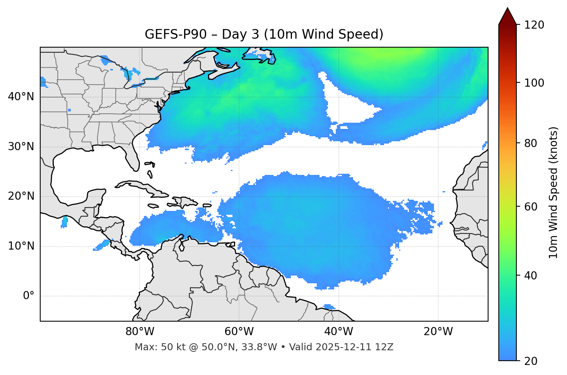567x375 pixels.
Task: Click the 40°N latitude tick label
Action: pyautogui.click(x=21, y=97)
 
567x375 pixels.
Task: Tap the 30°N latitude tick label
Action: pyautogui.click(x=21, y=147)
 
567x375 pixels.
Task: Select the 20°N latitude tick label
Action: pyautogui.click(x=21, y=196)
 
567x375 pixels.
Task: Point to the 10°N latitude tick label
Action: pyautogui.click(x=21, y=246)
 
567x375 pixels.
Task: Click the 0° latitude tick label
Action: pyautogui.click(x=29, y=296)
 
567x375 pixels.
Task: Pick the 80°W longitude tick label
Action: pyautogui.click(x=140, y=332)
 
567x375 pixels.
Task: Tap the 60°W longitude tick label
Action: pyautogui.click(x=239, y=332)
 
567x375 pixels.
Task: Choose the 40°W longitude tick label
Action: pyautogui.click(x=338, y=332)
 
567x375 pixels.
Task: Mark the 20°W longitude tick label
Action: pyautogui.click(x=438, y=332)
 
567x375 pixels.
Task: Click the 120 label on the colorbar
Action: pyautogui.click(x=534, y=25)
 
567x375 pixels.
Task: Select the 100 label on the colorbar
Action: pyautogui.click(x=534, y=83)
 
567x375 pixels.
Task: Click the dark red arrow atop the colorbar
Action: pyautogui.click(x=507, y=17)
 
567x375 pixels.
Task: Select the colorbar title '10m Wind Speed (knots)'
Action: pyautogui.click(x=553, y=192)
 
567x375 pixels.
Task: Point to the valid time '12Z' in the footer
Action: pyautogui.click(x=385, y=347)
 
